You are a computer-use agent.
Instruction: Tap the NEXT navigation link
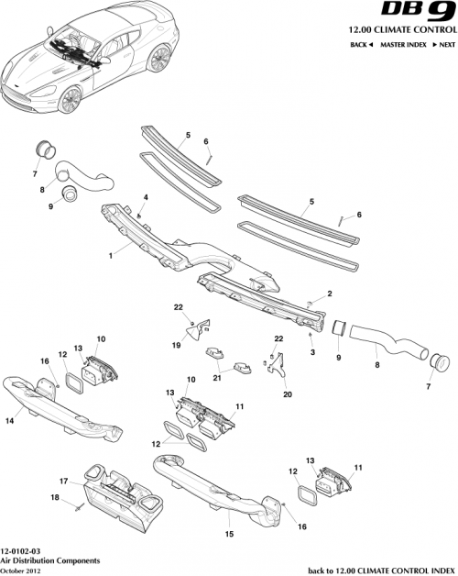point(444,44)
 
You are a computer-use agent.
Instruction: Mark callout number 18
point(54,497)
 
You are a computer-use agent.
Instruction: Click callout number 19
point(174,347)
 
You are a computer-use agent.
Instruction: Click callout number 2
point(331,294)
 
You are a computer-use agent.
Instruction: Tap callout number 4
point(145,198)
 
